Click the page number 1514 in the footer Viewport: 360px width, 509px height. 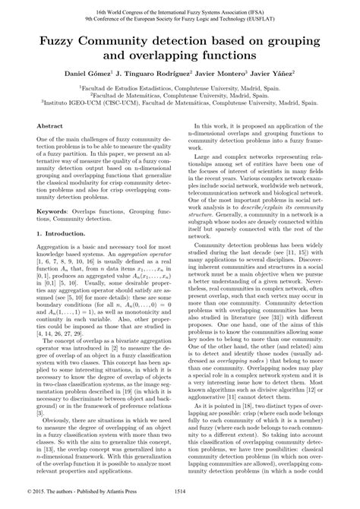point(179,501)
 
